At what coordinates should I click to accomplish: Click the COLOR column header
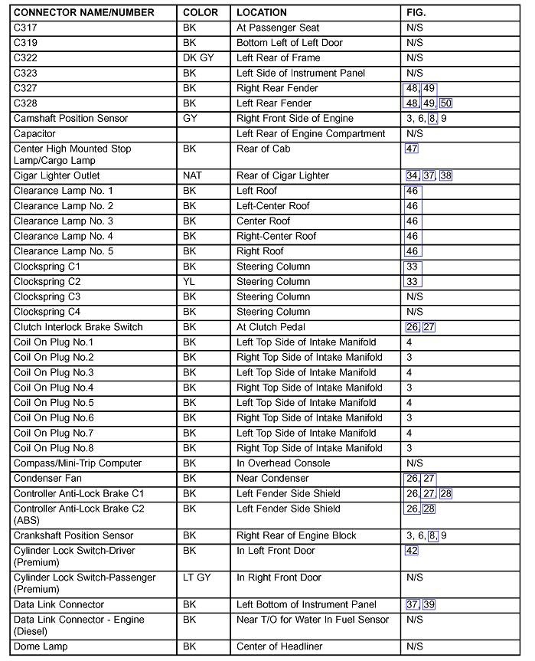click(x=201, y=12)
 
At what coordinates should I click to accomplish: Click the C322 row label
click(x=25, y=57)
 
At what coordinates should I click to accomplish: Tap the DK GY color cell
click(x=198, y=57)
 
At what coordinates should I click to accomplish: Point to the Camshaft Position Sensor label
click(x=70, y=118)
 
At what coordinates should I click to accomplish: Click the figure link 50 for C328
click(x=445, y=103)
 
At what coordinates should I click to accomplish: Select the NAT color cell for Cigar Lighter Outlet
click(x=192, y=175)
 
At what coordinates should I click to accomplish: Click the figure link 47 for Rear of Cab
click(x=412, y=149)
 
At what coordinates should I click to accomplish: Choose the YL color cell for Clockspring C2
click(x=189, y=281)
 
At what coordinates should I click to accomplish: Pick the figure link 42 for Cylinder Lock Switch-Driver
click(x=412, y=551)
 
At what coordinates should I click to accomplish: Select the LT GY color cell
click(x=197, y=578)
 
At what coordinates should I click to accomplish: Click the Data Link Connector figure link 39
click(x=429, y=604)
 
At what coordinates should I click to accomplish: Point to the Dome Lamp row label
click(x=41, y=646)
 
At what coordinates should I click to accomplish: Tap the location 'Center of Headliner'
click(x=279, y=646)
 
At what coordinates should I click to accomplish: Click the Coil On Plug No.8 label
click(x=54, y=448)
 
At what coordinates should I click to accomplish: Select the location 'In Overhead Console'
click(x=283, y=463)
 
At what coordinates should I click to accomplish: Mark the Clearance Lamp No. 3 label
click(x=63, y=221)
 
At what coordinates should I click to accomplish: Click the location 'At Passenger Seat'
click(x=278, y=28)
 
